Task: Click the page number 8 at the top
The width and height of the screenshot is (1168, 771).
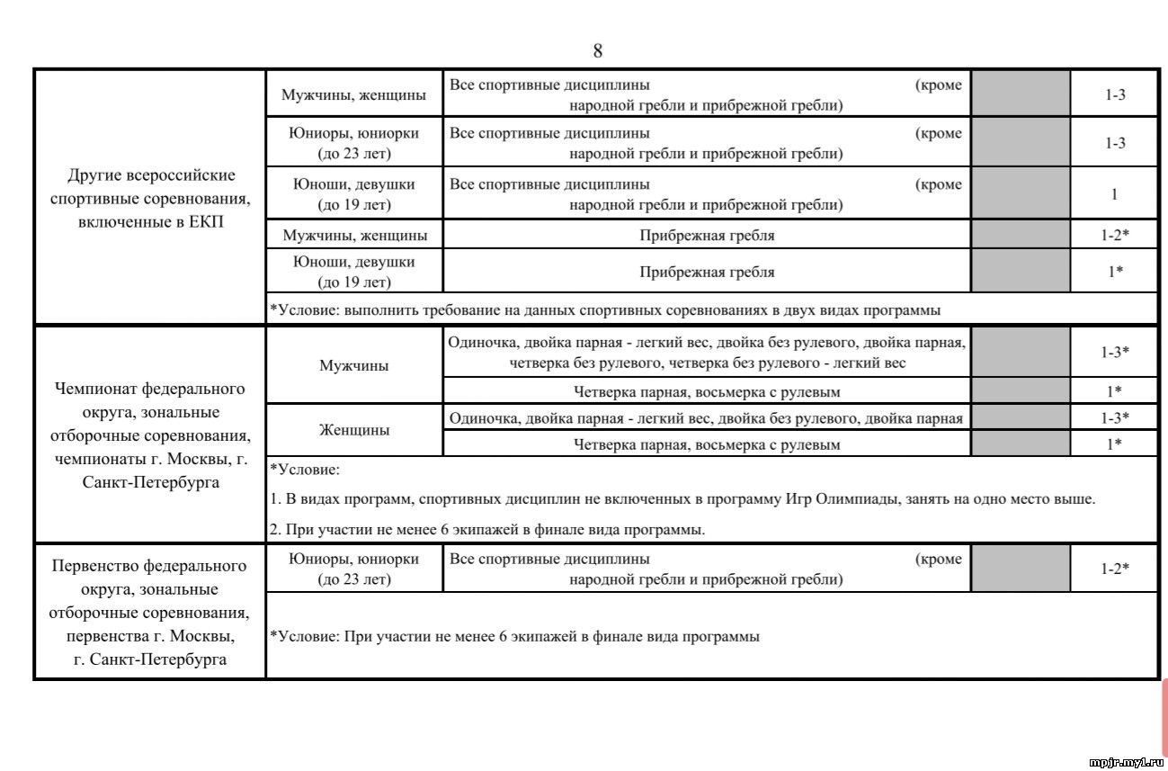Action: click(598, 51)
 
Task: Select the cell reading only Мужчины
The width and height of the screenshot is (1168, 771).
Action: click(354, 366)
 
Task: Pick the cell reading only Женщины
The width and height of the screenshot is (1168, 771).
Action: click(354, 430)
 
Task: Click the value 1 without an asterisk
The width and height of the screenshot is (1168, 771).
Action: click(1114, 194)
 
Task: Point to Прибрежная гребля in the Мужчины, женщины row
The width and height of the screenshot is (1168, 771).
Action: click(707, 236)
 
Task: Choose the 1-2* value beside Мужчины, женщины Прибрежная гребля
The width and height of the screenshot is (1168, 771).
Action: click(1114, 236)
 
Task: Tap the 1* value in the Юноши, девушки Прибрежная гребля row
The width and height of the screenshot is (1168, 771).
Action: click(1114, 272)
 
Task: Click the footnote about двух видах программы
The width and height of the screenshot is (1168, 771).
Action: click(605, 310)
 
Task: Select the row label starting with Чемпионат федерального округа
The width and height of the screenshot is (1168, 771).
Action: click(149, 435)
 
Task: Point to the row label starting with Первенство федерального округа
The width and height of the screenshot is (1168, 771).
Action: click(149, 613)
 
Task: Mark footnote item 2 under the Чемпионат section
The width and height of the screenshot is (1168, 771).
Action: click(487, 530)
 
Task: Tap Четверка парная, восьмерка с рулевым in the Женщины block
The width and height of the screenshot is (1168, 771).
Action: click(707, 444)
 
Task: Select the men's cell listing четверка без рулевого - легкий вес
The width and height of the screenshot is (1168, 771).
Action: click(707, 353)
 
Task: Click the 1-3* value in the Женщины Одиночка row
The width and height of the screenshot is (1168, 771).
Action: click(1114, 417)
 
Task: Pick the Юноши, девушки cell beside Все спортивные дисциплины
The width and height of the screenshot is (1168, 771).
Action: click(354, 194)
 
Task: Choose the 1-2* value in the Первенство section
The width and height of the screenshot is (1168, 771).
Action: click(1114, 569)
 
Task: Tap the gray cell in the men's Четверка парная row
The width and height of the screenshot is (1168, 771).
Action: click(1021, 391)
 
